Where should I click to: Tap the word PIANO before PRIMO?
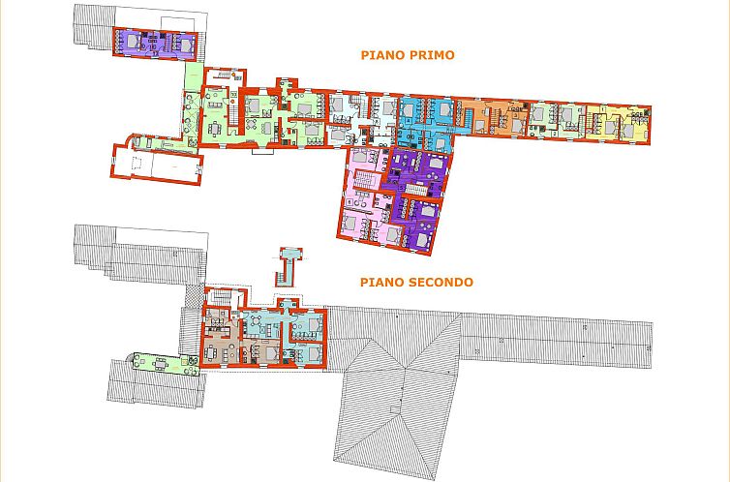(380, 55)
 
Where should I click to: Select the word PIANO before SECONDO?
(381, 282)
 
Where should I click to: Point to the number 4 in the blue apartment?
(409, 120)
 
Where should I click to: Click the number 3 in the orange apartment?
(516, 114)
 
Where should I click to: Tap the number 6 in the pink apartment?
(349, 201)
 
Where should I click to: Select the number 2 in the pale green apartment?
(555, 134)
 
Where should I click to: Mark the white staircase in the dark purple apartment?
(415, 189)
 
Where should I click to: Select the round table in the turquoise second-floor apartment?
(257, 320)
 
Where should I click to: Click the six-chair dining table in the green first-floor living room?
(215, 128)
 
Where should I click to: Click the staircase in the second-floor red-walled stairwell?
(222, 297)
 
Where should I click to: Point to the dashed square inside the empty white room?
(137, 164)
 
